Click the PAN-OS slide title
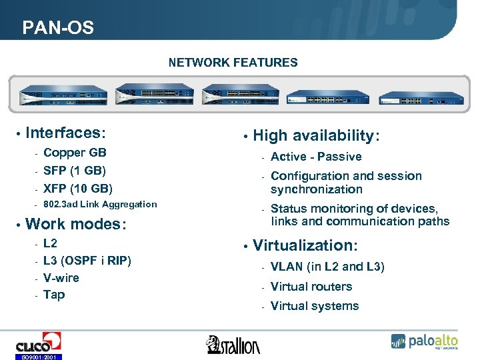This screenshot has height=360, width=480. click(58, 28)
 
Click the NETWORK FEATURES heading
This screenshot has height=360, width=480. click(233, 63)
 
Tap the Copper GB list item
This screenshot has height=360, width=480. click(74, 153)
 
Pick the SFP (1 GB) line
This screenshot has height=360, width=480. click(74, 171)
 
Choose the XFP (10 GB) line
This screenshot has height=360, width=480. click(77, 188)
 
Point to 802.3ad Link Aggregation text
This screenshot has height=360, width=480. click(99, 205)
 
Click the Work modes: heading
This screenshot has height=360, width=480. click(76, 224)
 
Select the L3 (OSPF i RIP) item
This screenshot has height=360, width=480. click(87, 261)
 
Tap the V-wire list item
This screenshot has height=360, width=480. click(61, 278)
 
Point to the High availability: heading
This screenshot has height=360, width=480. click(316, 136)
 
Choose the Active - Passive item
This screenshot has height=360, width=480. click(316, 157)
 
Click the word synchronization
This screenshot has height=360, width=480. click(316, 189)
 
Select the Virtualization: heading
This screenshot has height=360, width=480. click(305, 245)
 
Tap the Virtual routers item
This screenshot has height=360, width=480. click(311, 287)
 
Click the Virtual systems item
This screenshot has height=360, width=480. click(315, 306)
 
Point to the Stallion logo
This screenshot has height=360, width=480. click(233, 344)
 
